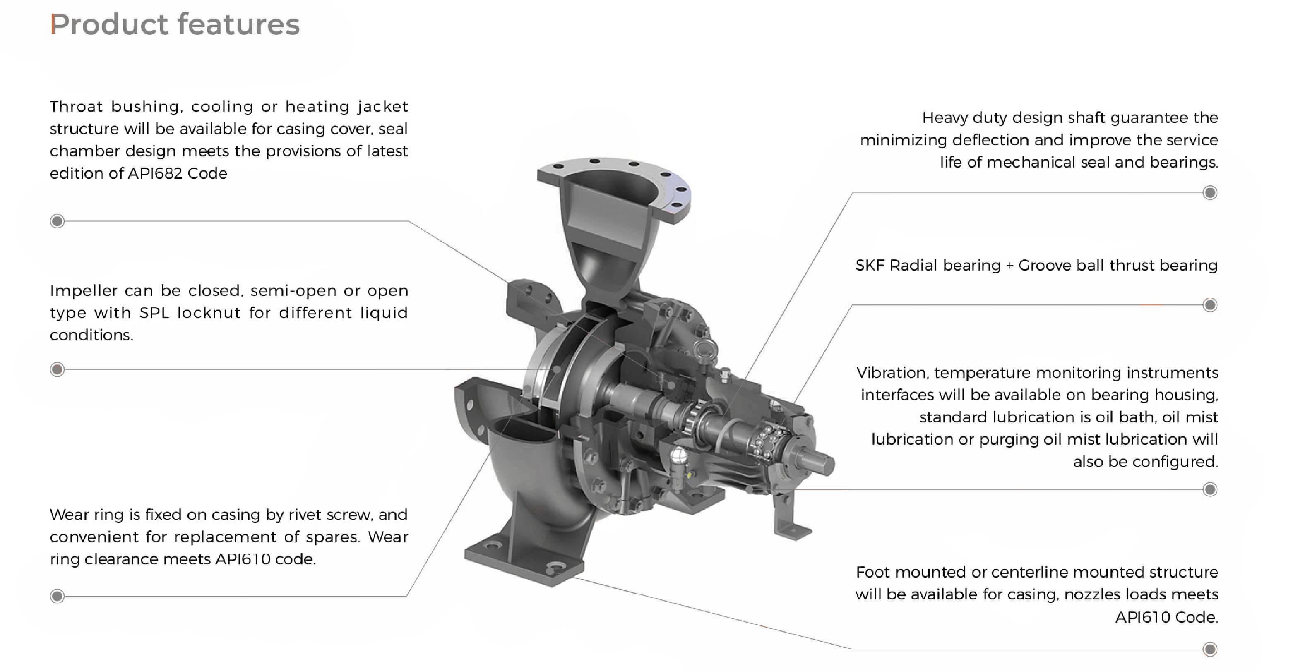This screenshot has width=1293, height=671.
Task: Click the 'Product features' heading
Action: tap(175, 24)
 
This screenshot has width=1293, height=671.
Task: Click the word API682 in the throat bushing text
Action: tap(155, 173)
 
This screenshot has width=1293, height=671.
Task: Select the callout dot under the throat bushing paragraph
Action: tap(57, 221)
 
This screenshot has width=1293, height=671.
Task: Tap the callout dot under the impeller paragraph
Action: tap(57, 370)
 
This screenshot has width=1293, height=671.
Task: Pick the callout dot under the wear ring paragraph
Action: tap(57, 596)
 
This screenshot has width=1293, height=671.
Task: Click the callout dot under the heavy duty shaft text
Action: tap(1210, 193)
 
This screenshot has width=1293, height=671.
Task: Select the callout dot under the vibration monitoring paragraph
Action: tap(1210, 489)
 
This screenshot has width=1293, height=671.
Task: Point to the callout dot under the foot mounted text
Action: tap(1210, 649)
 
